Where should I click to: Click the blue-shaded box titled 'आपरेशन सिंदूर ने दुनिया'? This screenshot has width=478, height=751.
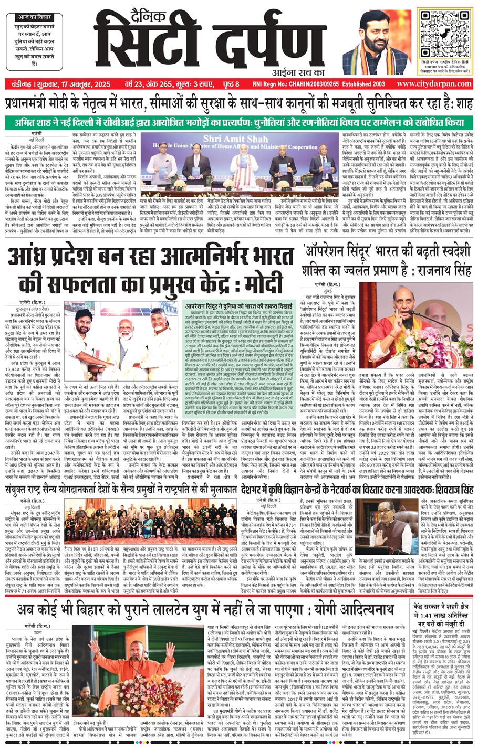tap(240, 357)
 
